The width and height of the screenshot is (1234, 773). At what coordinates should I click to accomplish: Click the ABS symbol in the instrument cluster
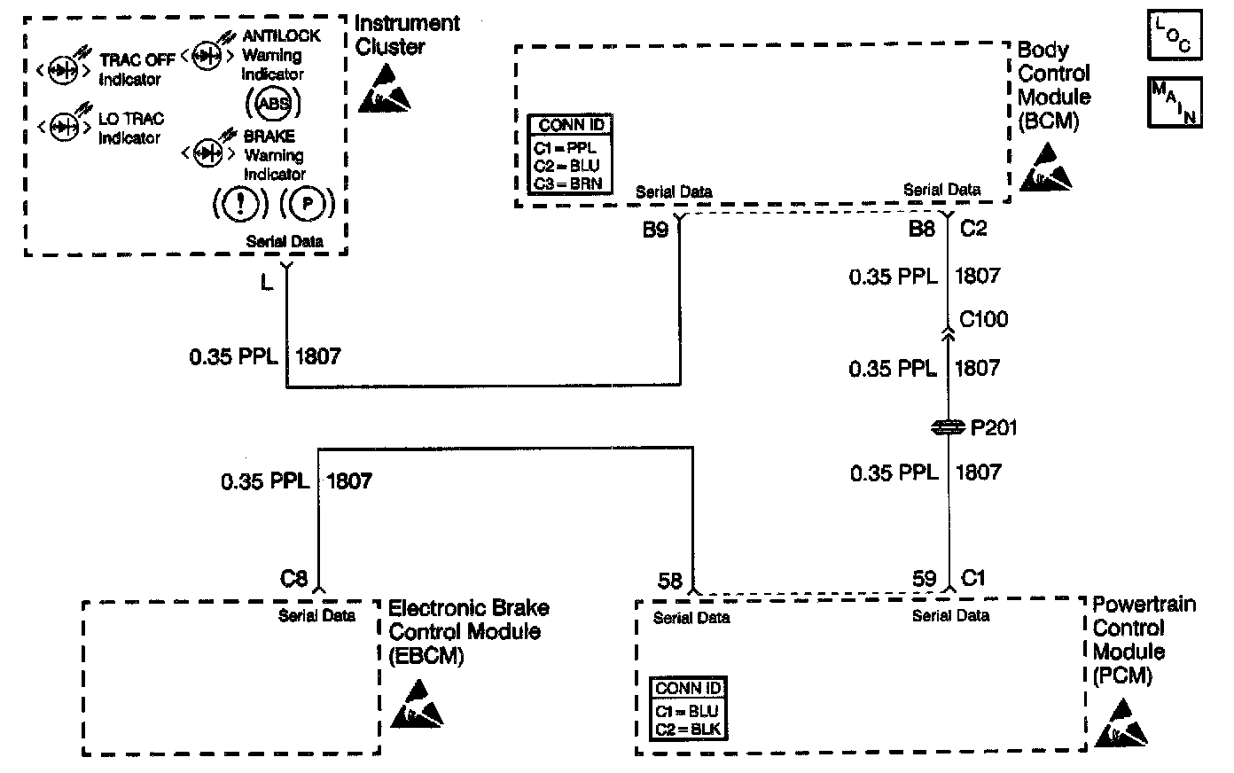(273, 103)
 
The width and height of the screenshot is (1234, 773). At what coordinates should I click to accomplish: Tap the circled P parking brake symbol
(307, 204)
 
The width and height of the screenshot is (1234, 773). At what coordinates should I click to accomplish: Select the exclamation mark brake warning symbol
(240, 204)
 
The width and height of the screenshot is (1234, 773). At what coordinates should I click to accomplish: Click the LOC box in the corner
(1175, 35)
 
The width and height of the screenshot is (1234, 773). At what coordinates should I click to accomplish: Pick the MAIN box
(1175, 103)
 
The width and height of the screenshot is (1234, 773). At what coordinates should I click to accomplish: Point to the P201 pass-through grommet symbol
(948, 427)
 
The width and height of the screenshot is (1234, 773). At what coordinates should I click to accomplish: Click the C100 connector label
(984, 319)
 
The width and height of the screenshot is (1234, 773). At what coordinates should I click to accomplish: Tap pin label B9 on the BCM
(656, 230)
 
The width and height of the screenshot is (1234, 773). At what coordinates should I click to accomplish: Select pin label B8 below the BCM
(922, 228)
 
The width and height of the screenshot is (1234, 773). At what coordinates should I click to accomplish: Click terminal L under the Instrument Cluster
(267, 283)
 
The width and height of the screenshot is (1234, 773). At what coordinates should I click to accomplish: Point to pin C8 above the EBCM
(293, 579)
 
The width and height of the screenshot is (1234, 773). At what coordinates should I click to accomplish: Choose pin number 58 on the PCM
(670, 581)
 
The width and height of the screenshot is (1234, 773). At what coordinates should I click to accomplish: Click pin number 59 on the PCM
(925, 579)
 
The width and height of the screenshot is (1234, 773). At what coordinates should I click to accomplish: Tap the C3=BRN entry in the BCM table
(567, 183)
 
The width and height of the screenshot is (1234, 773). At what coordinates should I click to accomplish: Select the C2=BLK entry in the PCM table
(688, 730)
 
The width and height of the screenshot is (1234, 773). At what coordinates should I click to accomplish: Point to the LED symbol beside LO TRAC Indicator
(64, 125)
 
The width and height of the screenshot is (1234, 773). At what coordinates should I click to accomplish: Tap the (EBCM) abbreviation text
(426, 656)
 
